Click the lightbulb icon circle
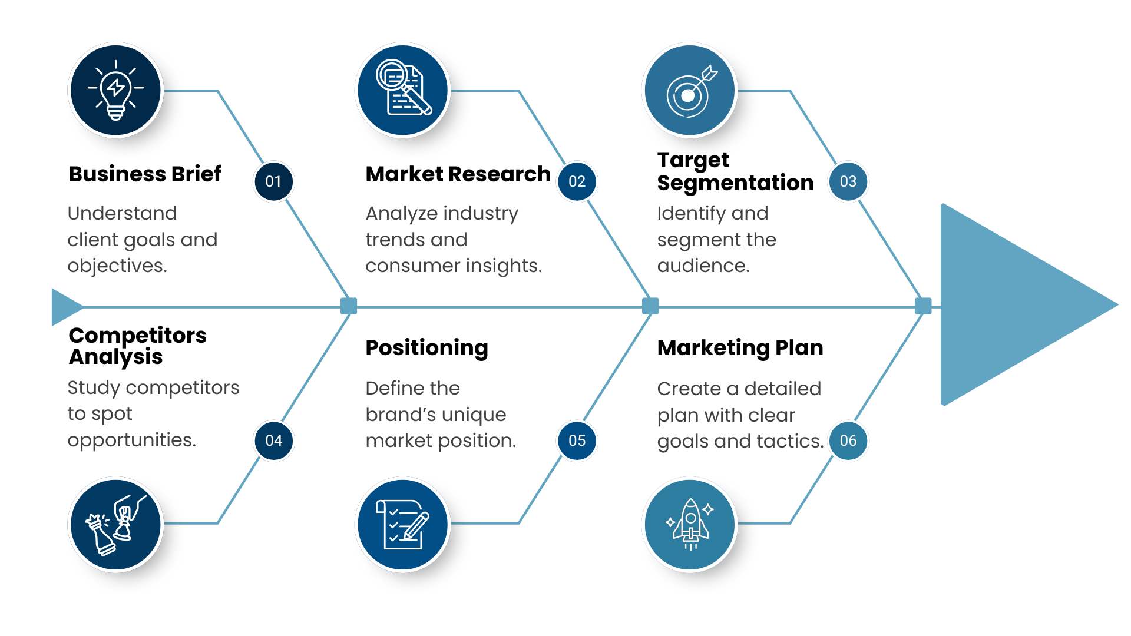coord(115,90)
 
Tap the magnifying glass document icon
coord(403,90)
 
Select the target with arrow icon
coord(690,90)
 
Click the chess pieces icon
coord(115,524)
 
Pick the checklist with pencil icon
coord(403,524)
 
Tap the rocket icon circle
coord(690,524)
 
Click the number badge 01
coord(273,181)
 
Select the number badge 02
coord(577,181)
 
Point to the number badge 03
coord(848,181)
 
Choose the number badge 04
coord(273,440)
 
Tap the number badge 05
coord(577,440)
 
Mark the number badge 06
coord(848,440)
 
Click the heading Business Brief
coord(145,174)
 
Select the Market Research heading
coord(458,174)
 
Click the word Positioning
coord(426,348)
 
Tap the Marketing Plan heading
coord(740,348)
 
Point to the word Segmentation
coord(735,183)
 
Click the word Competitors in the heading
coord(137,335)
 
